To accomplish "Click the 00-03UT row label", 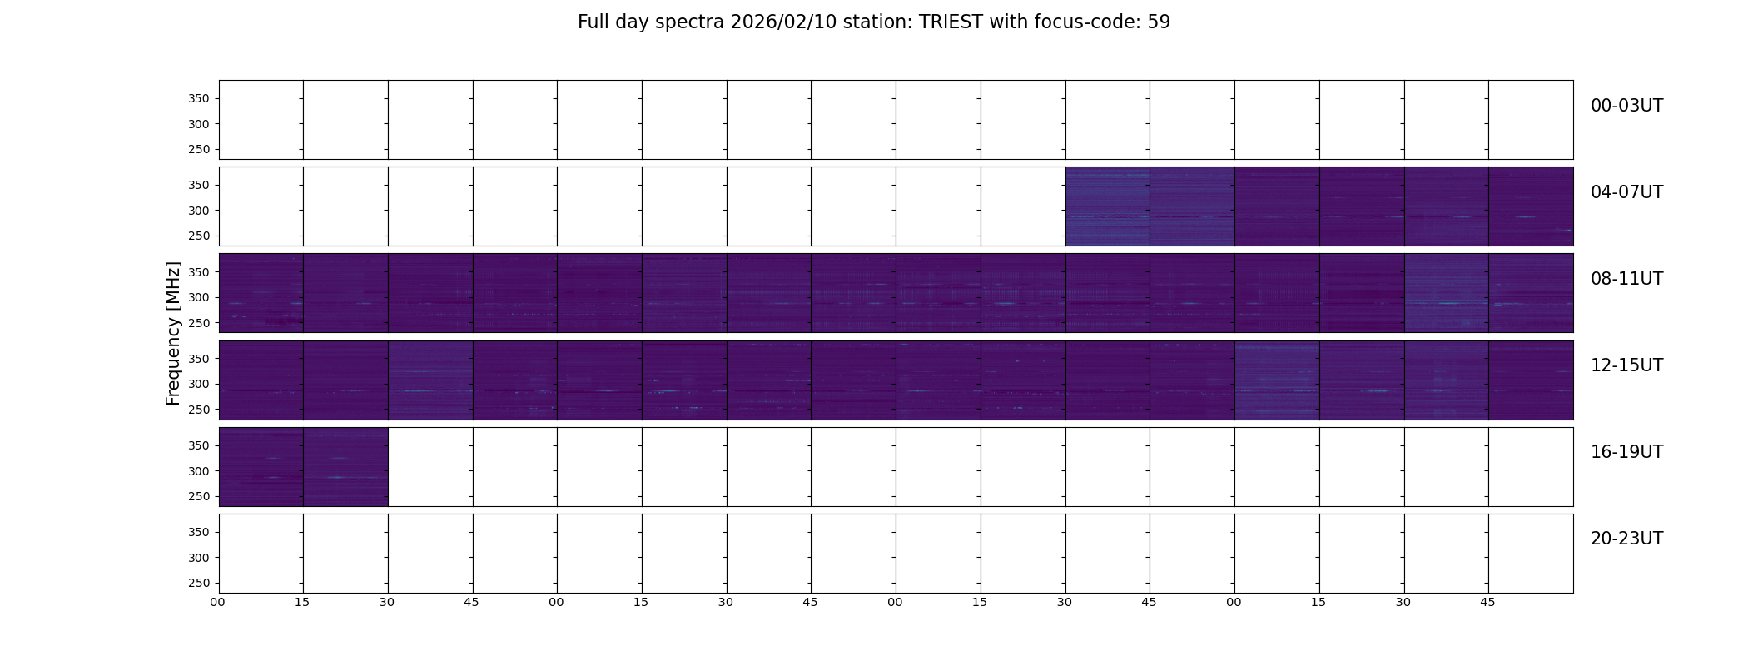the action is pyautogui.click(x=1626, y=106).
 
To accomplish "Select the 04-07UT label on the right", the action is pyautogui.click(x=1626, y=192).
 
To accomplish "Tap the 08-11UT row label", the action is pyautogui.click(x=1626, y=279).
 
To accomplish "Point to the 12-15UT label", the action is pyautogui.click(x=1626, y=365).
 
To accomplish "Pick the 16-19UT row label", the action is pyautogui.click(x=1626, y=452).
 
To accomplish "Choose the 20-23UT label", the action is pyautogui.click(x=1626, y=539).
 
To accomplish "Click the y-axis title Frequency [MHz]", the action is pyautogui.click(x=173, y=333).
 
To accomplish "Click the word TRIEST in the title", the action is pyautogui.click(x=951, y=22).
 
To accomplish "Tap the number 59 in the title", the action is pyautogui.click(x=1159, y=22).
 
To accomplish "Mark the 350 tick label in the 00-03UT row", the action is pyautogui.click(x=199, y=99).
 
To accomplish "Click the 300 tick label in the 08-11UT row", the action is pyautogui.click(x=199, y=297).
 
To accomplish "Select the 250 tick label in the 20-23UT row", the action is pyautogui.click(x=199, y=584).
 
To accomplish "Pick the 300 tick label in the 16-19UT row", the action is pyautogui.click(x=199, y=471).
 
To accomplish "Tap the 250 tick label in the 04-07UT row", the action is pyautogui.click(x=199, y=236).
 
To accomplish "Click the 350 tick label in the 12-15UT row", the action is pyautogui.click(x=199, y=359).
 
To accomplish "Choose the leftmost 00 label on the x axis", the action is pyautogui.click(x=218, y=603).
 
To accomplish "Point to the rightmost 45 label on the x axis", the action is pyautogui.click(x=1487, y=603).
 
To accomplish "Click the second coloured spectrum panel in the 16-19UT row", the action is pyautogui.click(x=345, y=467).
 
